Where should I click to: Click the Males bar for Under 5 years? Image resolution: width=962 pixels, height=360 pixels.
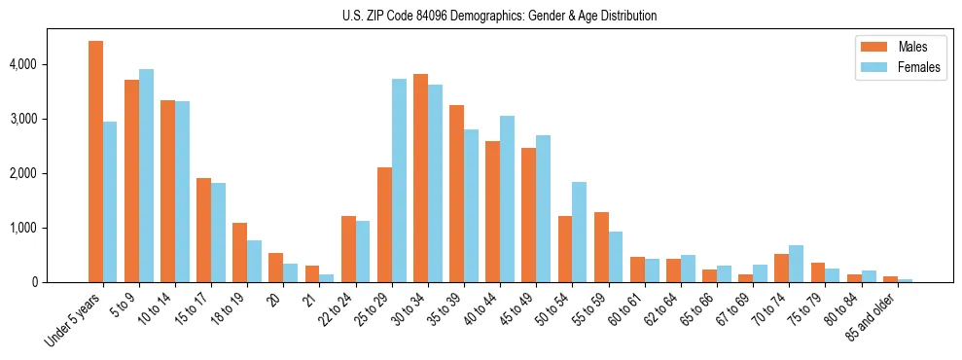click(95, 162)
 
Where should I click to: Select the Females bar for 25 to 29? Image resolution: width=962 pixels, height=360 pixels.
click(399, 181)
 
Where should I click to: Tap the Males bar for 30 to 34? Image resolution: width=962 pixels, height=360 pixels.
click(420, 178)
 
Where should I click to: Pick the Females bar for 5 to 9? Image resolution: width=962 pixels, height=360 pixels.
click(146, 176)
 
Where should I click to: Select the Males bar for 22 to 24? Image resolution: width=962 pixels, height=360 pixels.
click(348, 249)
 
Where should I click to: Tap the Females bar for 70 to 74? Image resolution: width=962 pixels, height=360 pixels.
click(796, 264)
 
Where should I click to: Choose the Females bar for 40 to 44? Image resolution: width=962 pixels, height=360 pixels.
click(507, 199)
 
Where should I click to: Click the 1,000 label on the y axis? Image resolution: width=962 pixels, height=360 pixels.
click(21, 228)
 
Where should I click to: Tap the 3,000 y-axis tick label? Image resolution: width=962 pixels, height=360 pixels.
click(21, 119)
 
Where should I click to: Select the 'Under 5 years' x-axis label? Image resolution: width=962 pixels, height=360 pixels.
click(73, 317)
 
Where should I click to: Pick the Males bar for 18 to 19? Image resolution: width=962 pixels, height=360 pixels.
click(239, 253)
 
